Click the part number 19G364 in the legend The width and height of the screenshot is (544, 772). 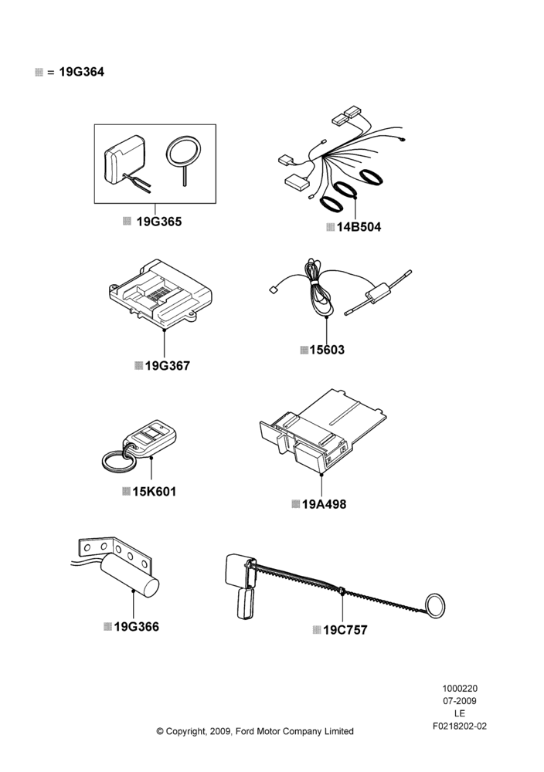pos(82,72)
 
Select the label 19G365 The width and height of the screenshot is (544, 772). pos(158,222)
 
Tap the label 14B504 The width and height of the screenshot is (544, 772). pos(359,227)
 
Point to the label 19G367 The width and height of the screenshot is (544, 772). pos(168,366)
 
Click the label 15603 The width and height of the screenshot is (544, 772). pos(327,350)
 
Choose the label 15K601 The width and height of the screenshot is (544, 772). pos(155,491)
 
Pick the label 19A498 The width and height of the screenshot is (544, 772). pos(324,504)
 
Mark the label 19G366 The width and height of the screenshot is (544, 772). pos(137,627)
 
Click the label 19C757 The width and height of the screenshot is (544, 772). pos(345,630)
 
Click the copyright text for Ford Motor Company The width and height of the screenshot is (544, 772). pos(255,731)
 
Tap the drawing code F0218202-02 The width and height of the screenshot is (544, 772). pos(460,726)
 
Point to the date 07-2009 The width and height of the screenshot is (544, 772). pos(460,701)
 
